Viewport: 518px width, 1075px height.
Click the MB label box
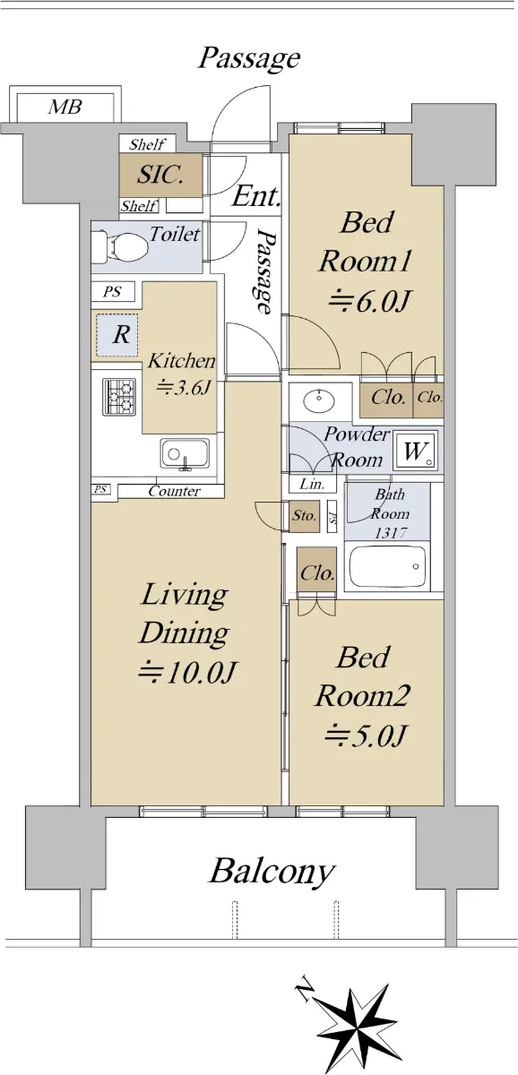tap(65, 107)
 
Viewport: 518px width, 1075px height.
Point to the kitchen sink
tap(185, 453)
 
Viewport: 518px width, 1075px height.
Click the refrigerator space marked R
tap(117, 335)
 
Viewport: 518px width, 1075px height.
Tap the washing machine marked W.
tap(415, 451)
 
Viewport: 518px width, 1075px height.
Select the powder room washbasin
tap(317, 399)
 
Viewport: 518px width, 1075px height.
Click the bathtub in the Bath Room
tap(386, 567)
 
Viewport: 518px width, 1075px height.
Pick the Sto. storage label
tap(305, 516)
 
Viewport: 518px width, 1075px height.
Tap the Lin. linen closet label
tap(312, 485)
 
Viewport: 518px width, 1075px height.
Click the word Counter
tap(174, 491)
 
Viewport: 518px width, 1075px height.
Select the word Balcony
tap(272, 872)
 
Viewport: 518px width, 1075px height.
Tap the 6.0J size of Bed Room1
tap(369, 302)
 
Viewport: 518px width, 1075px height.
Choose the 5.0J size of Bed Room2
tap(366, 735)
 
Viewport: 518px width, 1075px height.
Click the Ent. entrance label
tap(256, 196)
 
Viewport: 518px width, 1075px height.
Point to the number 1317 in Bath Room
tap(391, 532)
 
